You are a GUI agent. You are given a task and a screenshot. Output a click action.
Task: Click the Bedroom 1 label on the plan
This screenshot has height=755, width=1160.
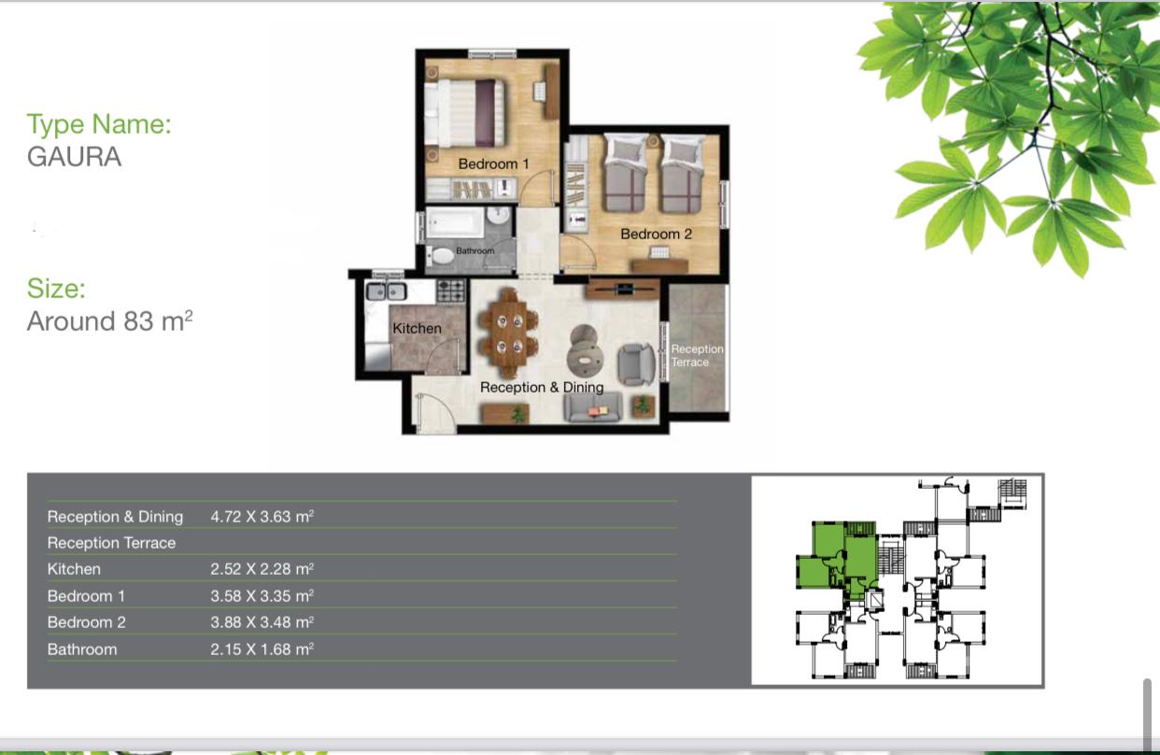click(x=493, y=164)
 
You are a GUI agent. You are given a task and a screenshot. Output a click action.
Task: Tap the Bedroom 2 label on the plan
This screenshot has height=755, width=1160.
click(x=657, y=235)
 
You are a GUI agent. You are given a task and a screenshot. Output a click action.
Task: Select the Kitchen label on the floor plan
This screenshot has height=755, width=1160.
click(x=417, y=329)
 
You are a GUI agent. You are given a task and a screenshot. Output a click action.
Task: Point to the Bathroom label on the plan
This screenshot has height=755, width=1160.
click(x=474, y=250)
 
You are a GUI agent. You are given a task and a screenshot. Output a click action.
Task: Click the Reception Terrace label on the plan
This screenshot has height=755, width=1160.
click(x=697, y=355)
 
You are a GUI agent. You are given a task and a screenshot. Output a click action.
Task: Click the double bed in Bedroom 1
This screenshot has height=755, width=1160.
click(x=464, y=113)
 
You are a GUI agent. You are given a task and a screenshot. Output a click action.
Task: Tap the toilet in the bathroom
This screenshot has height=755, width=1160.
click(x=441, y=256)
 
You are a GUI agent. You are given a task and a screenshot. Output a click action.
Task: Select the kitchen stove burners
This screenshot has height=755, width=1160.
click(x=451, y=291)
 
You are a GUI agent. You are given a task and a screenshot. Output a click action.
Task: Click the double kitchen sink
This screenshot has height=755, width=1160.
click(x=387, y=292)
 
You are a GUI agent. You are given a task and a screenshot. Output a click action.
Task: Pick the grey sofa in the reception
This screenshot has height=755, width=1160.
click(x=593, y=407)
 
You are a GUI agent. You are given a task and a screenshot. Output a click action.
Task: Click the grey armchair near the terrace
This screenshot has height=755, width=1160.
click(x=636, y=364)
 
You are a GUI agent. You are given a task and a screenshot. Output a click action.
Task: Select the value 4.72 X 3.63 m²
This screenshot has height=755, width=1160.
click(x=262, y=517)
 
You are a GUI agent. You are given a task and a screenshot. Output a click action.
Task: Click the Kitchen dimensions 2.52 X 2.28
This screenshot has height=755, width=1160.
click(x=262, y=569)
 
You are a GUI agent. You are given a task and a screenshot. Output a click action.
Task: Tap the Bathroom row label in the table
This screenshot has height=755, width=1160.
click(x=82, y=649)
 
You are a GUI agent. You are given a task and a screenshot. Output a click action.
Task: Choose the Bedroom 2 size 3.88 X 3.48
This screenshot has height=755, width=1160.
click(x=262, y=621)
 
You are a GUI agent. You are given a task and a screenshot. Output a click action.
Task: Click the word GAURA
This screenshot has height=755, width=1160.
click(x=74, y=156)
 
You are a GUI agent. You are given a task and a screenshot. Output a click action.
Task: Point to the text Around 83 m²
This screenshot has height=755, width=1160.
click(x=110, y=321)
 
